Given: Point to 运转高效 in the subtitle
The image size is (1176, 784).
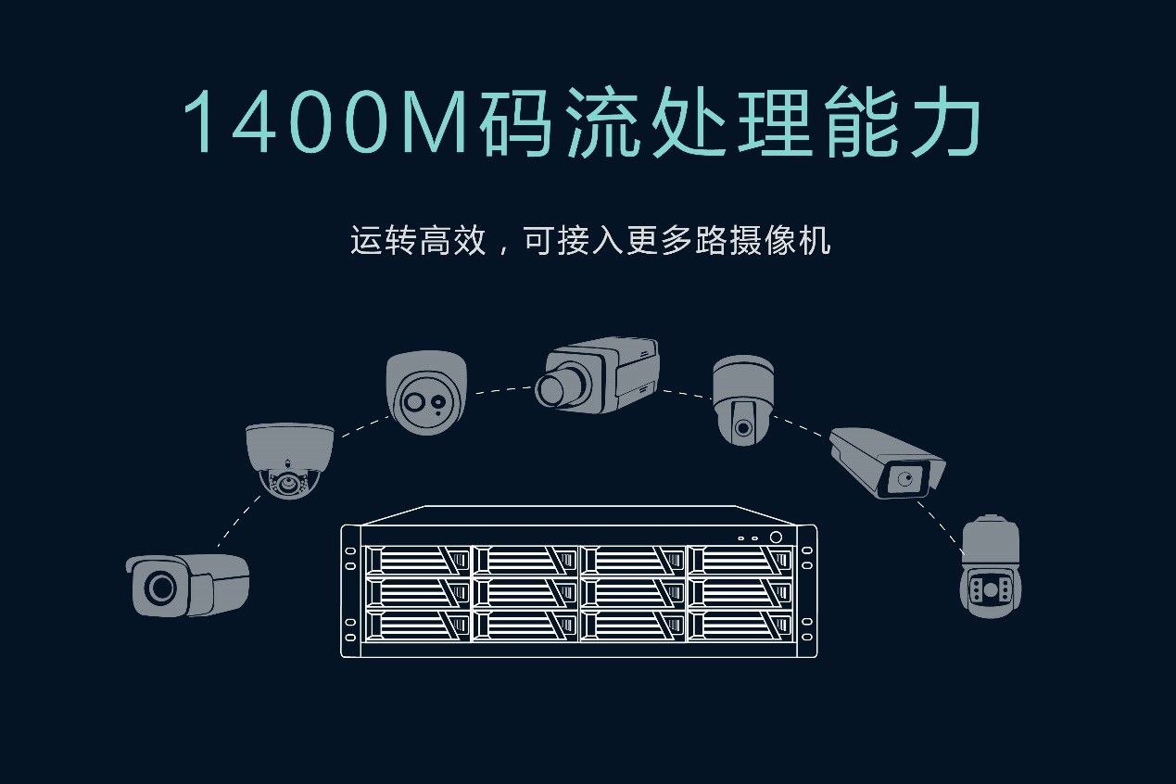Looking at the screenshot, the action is (x=418, y=241).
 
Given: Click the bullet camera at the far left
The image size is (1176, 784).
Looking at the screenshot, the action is (x=188, y=584).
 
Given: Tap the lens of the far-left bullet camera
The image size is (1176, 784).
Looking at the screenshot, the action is (x=160, y=586).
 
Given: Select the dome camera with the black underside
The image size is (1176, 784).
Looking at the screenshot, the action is (x=288, y=460).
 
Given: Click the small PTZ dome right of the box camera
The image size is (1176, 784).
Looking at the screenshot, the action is (x=742, y=398).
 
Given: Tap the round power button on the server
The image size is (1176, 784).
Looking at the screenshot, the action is (x=776, y=537).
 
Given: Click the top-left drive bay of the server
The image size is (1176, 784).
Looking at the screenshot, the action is (x=418, y=560).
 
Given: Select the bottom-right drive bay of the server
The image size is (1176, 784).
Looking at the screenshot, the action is (x=741, y=626).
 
